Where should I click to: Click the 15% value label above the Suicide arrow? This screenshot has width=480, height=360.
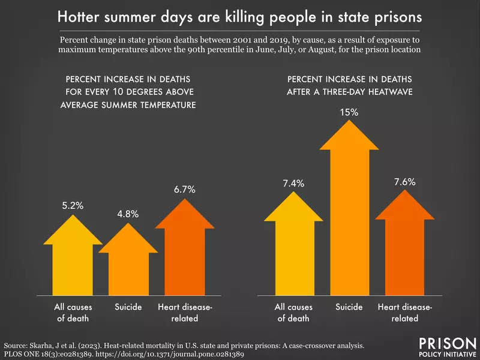(x=350, y=112)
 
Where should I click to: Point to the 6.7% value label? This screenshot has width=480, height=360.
(x=184, y=190)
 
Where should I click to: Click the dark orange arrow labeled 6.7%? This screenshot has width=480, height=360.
(x=184, y=252)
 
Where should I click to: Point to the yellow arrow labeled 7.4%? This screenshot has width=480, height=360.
(x=293, y=246)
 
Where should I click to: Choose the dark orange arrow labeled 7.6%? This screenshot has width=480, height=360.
(x=406, y=246)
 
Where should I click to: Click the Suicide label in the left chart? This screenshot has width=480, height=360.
(x=128, y=307)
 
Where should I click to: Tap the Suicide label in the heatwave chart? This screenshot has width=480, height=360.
(x=350, y=307)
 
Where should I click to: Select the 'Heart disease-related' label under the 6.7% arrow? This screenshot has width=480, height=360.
(x=184, y=313)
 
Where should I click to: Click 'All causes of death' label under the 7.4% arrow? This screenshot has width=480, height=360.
(x=293, y=313)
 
